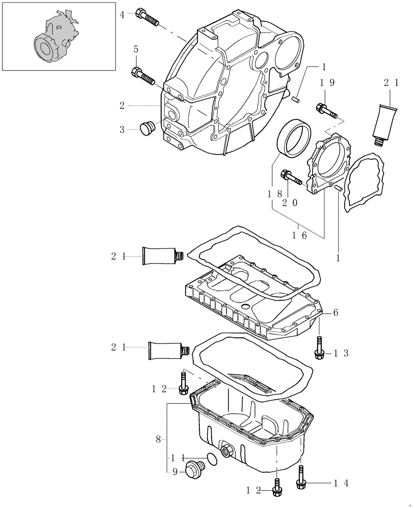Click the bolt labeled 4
[x=147, y=18]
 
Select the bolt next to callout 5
[x=144, y=76]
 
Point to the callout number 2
[x=122, y=106]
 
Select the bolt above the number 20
[x=290, y=177]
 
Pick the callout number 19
[x=326, y=83]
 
